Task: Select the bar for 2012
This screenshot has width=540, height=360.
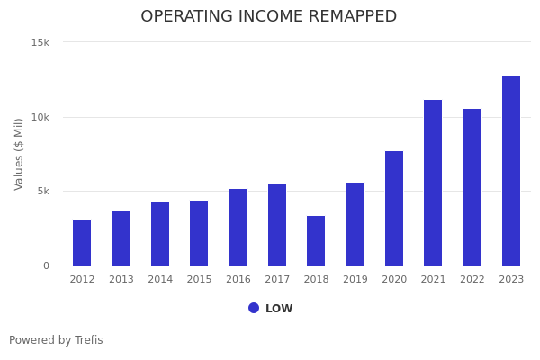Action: tap(82, 243)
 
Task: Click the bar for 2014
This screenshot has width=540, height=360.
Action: tap(160, 234)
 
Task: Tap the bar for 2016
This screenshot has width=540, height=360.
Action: tap(238, 228)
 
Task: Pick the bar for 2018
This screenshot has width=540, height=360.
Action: tap(316, 241)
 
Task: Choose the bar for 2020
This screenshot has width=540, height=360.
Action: tap(394, 209)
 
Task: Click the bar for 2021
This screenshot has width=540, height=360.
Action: tap(433, 183)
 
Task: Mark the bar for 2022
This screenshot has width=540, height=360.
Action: tap(472, 187)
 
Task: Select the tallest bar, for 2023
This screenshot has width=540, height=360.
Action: tap(511, 171)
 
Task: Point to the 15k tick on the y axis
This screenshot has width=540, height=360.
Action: tap(40, 42)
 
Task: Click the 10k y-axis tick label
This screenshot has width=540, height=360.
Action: tap(40, 117)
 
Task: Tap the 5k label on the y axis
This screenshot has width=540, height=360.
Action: tap(43, 192)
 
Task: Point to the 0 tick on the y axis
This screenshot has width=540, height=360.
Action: tap(47, 265)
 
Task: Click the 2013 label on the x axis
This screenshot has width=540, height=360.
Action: tap(121, 280)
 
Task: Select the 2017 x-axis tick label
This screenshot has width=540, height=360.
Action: tap(277, 280)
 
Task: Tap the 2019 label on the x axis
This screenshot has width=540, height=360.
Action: tap(355, 280)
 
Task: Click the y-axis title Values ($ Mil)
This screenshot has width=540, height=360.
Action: tap(20, 154)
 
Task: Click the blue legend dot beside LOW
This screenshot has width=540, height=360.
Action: tap(254, 308)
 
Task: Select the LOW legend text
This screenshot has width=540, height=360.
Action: tap(279, 309)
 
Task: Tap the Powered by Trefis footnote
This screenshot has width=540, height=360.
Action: tap(56, 340)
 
